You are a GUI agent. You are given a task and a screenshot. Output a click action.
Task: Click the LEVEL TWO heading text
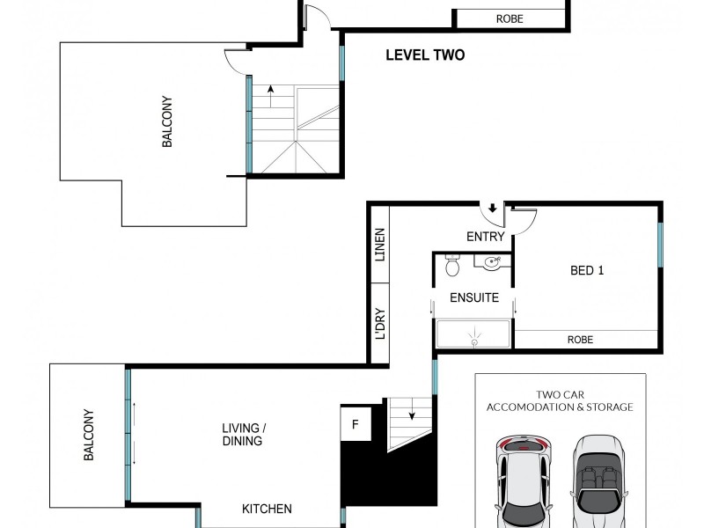click(x=425, y=55)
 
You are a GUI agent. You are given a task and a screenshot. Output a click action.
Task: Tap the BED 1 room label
click(x=587, y=270)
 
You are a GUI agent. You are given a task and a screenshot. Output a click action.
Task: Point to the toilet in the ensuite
click(x=452, y=265)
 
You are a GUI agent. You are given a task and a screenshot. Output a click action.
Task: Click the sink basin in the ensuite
click(x=493, y=260)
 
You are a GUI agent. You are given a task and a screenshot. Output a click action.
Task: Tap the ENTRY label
click(x=485, y=237)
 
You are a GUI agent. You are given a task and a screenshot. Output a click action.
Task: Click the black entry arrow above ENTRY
click(x=492, y=209)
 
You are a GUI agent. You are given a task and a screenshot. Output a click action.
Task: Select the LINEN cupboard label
click(x=380, y=245)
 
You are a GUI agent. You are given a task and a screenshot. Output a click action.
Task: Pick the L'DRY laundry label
click(x=380, y=324)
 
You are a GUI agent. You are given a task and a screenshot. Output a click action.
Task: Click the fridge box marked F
click(x=356, y=425)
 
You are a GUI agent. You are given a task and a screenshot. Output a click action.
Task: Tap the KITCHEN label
click(x=268, y=509)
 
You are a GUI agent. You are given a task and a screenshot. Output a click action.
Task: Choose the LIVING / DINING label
click(x=243, y=435)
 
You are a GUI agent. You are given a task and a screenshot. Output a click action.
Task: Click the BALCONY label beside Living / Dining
click(x=88, y=435)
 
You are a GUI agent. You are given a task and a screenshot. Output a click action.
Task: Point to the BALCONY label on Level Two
click(x=166, y=121)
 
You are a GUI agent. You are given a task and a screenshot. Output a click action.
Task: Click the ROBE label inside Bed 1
click(x=580, y=340)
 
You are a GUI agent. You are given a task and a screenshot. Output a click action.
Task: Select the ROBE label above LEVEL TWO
click(x=509, y=18)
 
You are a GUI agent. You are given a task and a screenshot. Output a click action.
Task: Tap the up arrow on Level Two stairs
click(x=270, y=92)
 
